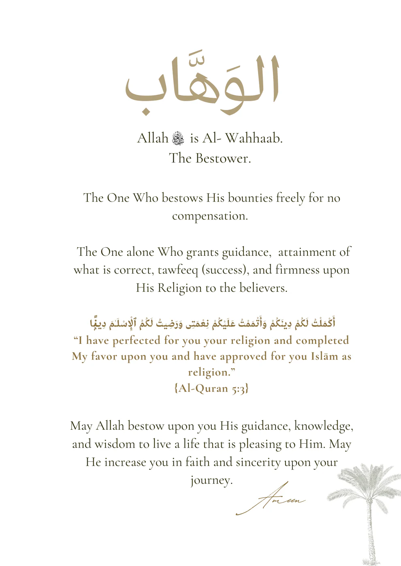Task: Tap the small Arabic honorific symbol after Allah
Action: (178, 138)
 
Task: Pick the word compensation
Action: (209, 216)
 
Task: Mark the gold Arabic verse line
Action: (212, 323)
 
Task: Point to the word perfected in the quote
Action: (136, 341)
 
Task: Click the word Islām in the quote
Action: (324, 356)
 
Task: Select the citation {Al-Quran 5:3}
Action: (211, 388)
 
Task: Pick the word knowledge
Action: (323, 426)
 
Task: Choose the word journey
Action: (211, 480)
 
